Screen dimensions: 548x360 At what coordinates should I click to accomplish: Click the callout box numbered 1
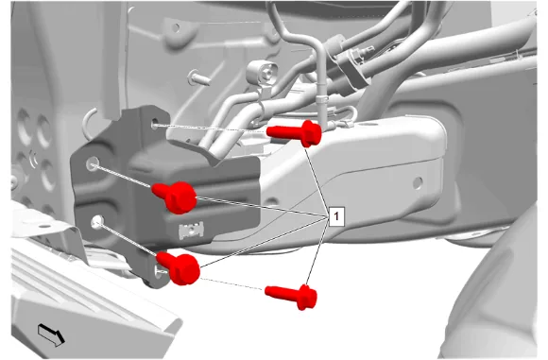pyautogui.click(x=336, y=216)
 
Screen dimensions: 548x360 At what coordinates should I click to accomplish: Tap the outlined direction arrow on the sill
pyautogui.click(x=51, y=334)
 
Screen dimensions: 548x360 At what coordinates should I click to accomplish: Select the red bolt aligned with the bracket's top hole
pyautogui.click(x=294, y=133)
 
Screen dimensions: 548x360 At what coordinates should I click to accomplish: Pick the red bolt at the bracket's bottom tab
pyautogui.click(x=179, y=267)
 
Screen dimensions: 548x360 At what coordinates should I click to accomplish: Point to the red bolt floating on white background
pyautogui.click(x=291, y=296)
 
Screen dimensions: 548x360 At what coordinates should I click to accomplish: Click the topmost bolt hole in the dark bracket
pyautogui.click(x=155, y=124)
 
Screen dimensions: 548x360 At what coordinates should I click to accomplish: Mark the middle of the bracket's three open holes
pyautogui.click(x=93, y=163)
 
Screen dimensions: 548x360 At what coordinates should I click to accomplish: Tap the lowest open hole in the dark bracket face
pyautogui.click(x=97, y=222)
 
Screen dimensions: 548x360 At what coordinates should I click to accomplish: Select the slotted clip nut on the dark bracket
pyautogui.click(x=191, y=230)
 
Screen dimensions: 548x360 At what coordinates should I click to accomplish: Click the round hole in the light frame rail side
pyautogui.click(x=418, y=182)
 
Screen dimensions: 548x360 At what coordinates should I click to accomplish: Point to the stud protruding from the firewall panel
pyautogui.click(x=199, y=77)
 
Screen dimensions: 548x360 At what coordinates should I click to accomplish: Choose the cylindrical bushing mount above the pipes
pyautogui.click(x=263, y=75)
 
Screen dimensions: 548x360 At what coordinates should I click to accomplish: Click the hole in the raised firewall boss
pyautogui.click(x=176, y=26)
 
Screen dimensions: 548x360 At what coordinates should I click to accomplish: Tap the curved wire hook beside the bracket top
pyautogui.click(x=90, y=122)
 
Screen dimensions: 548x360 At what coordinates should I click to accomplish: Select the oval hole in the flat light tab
pyautogui.click(x=44, y=226)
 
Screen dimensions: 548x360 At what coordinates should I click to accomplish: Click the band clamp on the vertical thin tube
pyautogui.click(x=322, y=100)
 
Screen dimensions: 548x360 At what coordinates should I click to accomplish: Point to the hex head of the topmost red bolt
pyautogui.click(x=311, y=133)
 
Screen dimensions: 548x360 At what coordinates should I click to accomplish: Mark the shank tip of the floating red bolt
pyautogui.click(x=267, y=290)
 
